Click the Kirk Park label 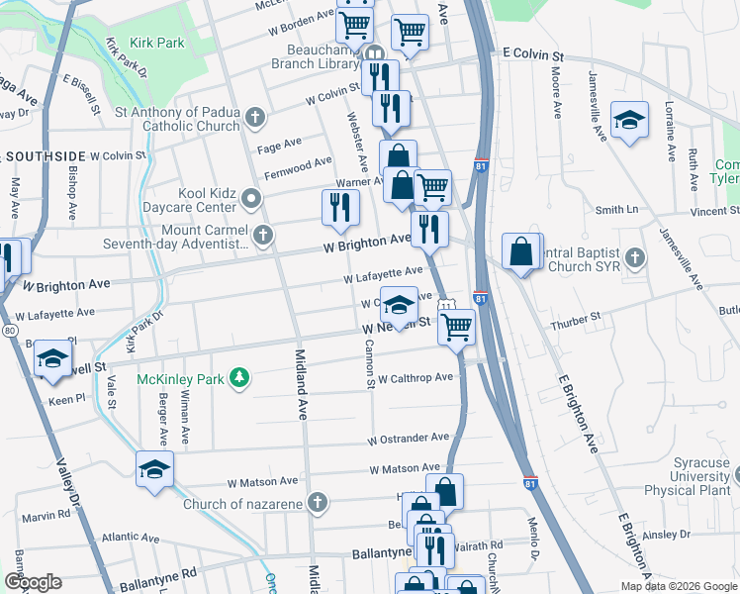click(155, 44)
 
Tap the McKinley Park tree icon click(238, 377)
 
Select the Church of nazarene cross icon click(318, 503)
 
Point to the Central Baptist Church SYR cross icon click(636, 257)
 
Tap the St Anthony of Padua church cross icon click(254, 119)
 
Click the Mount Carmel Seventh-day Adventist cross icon click(262, 236)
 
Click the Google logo click(33, 582)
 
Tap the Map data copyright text click(678, 586)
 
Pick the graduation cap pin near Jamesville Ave click(629, 120)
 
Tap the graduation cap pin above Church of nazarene click(155, 468)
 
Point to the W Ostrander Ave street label click(409, 438)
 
